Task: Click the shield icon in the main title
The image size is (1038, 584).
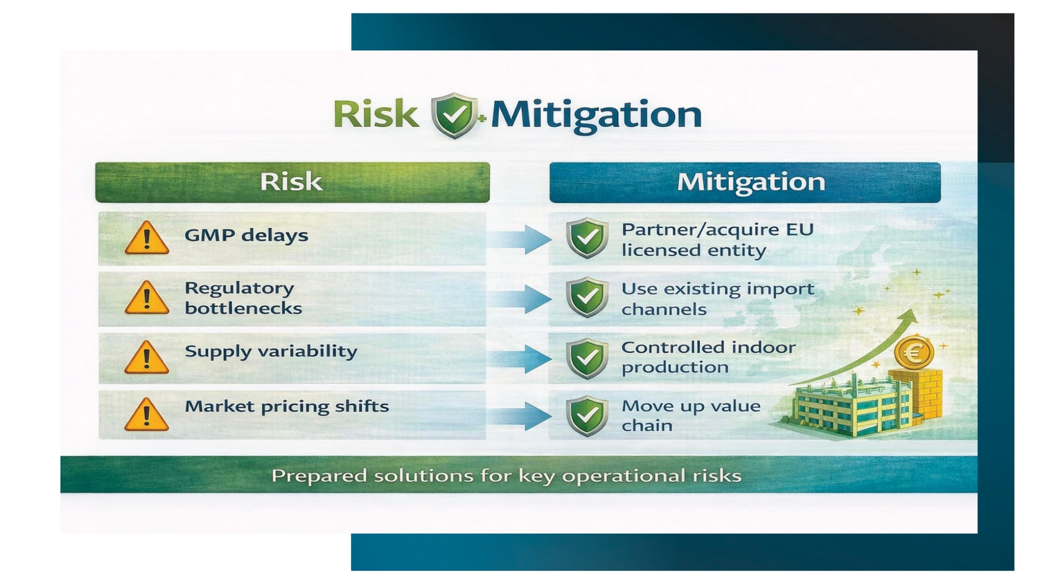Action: [454, 115]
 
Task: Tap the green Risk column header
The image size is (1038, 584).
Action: [292, 182]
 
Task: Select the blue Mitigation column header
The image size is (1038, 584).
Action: [745, 182]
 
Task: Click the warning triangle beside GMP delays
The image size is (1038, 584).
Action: [147, 237]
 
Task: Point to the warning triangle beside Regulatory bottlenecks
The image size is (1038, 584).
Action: [147, 298]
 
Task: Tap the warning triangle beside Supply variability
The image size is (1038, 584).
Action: [147, 357]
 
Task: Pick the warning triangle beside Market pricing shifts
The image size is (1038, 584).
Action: [147, 414]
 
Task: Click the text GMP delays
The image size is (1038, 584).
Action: [246, 236]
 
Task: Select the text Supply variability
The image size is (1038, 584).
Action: [271, 351]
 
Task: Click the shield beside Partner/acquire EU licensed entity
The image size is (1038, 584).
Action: [587, 238]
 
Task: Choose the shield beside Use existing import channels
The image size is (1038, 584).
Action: [587, 297]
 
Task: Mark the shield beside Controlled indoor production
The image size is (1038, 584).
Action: [587, 359]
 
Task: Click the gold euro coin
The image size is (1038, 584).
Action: [914, 353]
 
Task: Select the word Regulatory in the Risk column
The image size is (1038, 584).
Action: [239, 288]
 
